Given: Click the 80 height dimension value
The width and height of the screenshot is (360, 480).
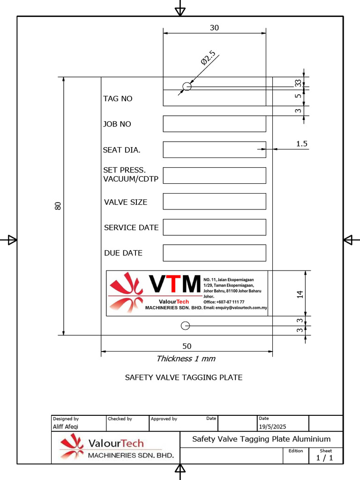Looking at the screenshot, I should click(58, 206).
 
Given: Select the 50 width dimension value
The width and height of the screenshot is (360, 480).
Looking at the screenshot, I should click(187, 346).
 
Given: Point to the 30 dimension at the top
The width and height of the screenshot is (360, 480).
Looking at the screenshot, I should click(214, 28).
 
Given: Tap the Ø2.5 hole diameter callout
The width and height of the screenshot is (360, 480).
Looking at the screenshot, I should click(208, 58).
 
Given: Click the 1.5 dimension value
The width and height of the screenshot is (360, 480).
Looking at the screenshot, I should click(302, 144).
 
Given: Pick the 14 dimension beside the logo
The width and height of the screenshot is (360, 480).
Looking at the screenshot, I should click(300, 294).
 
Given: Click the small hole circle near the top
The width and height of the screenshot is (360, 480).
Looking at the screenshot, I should click(187, 86).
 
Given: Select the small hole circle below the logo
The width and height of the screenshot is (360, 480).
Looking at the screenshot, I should click(185, 325).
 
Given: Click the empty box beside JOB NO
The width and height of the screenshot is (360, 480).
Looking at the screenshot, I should click(214, 124).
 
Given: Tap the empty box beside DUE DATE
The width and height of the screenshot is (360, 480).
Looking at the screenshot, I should click(214, 253).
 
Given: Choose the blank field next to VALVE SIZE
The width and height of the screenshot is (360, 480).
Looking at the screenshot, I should click(214, 201).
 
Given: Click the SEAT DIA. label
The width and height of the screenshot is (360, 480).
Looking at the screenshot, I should click(121, 150).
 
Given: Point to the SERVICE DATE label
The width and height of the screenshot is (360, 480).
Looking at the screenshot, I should click(131, 227).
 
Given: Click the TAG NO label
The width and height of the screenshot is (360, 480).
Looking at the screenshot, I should click(118, 98).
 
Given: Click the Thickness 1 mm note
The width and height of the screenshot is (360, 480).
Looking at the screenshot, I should click(186, 359).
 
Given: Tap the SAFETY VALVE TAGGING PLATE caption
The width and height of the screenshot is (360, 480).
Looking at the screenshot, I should click(184, 377).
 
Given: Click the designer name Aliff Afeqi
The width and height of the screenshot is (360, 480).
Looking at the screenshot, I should click(66, 427).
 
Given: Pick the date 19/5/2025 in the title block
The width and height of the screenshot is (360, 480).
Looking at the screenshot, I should click(272, 427).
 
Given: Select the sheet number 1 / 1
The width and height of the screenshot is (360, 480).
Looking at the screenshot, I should click(325, 458).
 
